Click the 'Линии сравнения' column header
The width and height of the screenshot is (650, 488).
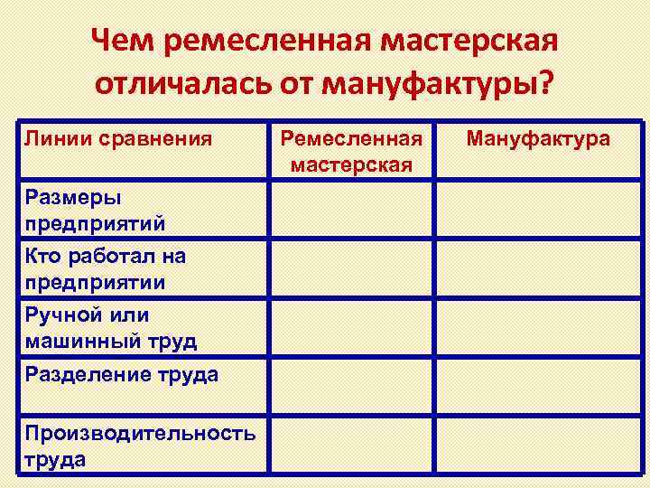pyautogui.click(x=118, y=139)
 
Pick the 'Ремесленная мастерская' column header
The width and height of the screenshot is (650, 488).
pyautogui.click(x=351, y=151)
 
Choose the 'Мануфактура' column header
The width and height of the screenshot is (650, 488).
pyautogui.click(x=537, y=139)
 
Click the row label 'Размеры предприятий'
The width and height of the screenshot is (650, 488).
pyautogui.click(x=95, y=210)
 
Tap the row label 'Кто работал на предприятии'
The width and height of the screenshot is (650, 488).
pyautogui.click(x=105, y=268)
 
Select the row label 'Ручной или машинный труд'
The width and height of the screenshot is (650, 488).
pyautogui.click(x=110, y=327)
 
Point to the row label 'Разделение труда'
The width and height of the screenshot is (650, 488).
pyautogui.click(x=121, y=374)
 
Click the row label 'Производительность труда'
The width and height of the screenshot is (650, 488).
pyautogui.click(x=140, y=445)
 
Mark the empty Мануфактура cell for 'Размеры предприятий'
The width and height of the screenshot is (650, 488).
pyautogui.click(x=538, y=210)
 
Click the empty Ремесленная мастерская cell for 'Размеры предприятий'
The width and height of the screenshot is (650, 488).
pyautogui.click(x=352, y=210)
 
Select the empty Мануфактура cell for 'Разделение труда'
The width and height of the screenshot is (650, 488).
pyautogui.click(x=538, y=384)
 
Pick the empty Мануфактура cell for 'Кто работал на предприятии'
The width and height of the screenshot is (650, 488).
pyautogui.click(x=538, y=268)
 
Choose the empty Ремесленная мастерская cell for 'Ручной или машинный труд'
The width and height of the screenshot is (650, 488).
pyautogui.click(x=352, y=327)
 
